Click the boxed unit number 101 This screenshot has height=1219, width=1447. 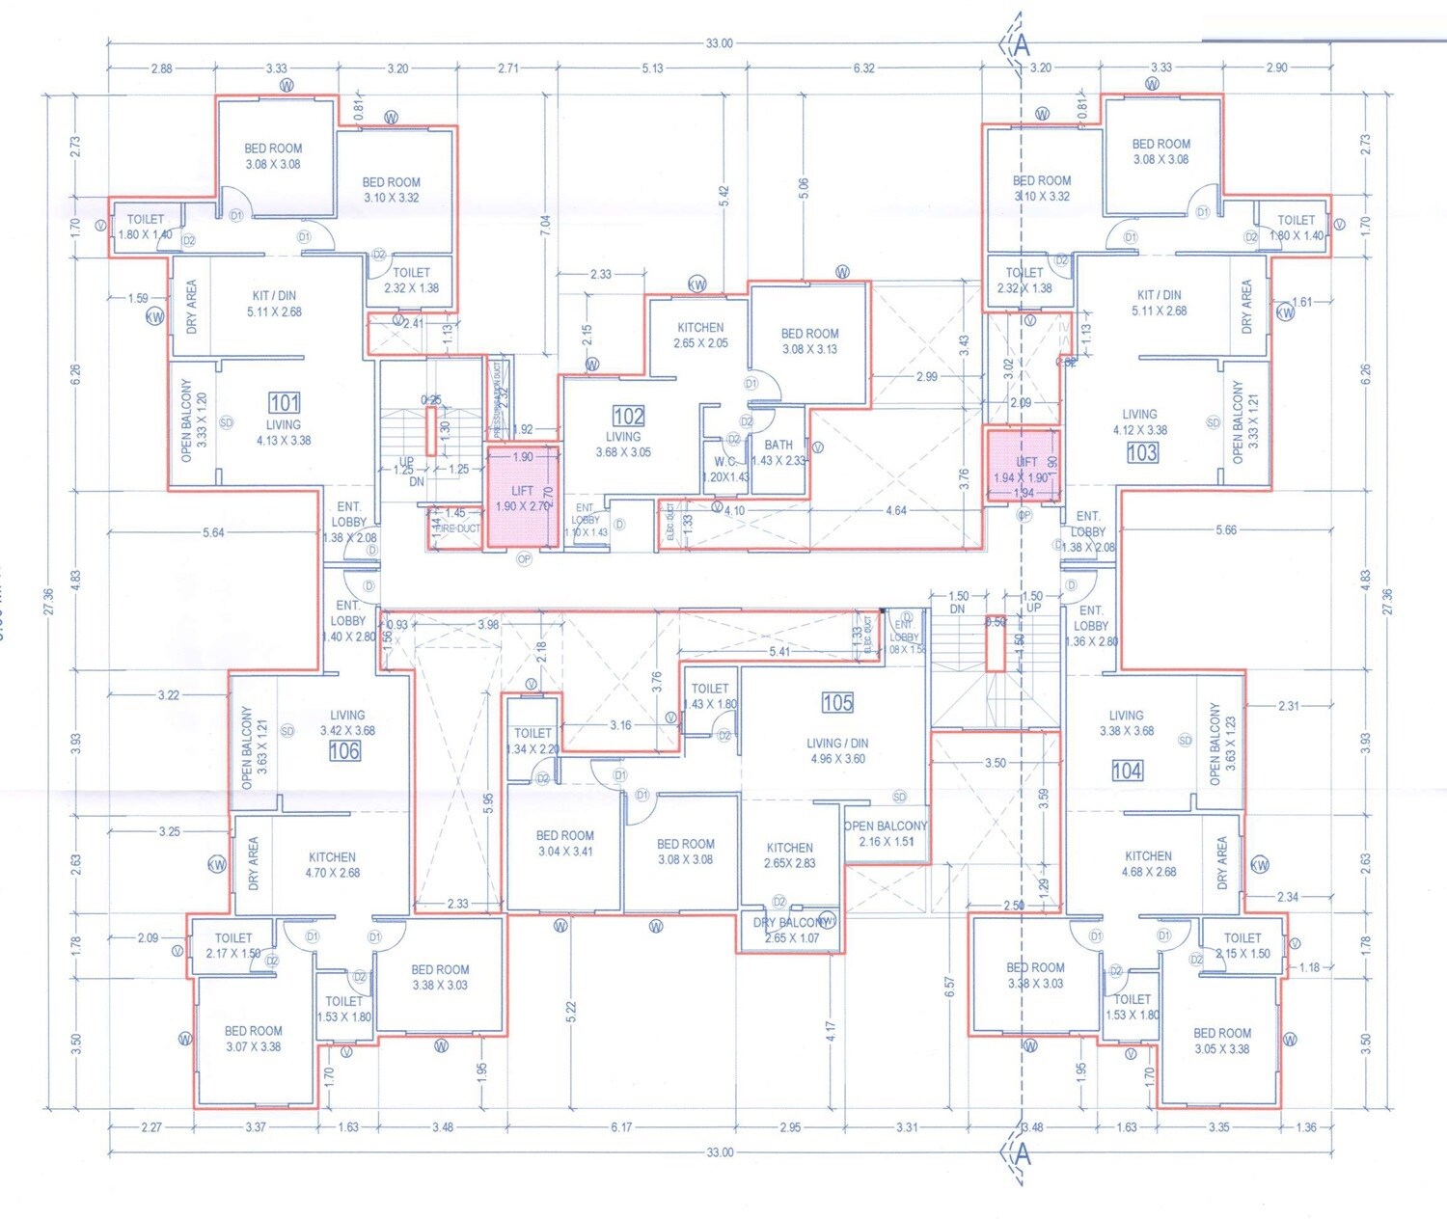coord(284,402)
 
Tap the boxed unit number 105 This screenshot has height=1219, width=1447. coord(837,702)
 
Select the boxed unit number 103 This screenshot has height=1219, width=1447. coord(1142,452)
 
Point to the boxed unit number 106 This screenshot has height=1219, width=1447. coord(344,750)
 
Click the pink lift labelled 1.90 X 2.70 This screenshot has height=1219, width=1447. coord(523,498)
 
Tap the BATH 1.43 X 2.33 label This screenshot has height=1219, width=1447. coord(778,452)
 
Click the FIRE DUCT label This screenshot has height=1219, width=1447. coord(457,528)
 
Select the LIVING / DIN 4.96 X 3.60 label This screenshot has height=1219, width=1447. coord(838,750)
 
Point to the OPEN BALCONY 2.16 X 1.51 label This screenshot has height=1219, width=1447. coord(886,833)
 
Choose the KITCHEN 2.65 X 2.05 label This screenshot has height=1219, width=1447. coord(700,335)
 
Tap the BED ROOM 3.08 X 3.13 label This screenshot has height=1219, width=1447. coord(810,340)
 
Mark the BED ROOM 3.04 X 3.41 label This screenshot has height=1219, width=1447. coord(565,843)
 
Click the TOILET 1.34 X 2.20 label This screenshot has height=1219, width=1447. coord(532,741)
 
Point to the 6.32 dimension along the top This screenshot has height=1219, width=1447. coord(863,68)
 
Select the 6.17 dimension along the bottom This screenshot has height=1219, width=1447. coord(621,1126)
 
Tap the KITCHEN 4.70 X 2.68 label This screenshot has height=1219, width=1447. coord(333,864)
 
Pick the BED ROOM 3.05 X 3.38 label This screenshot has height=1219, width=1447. coord(1222,1041)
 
